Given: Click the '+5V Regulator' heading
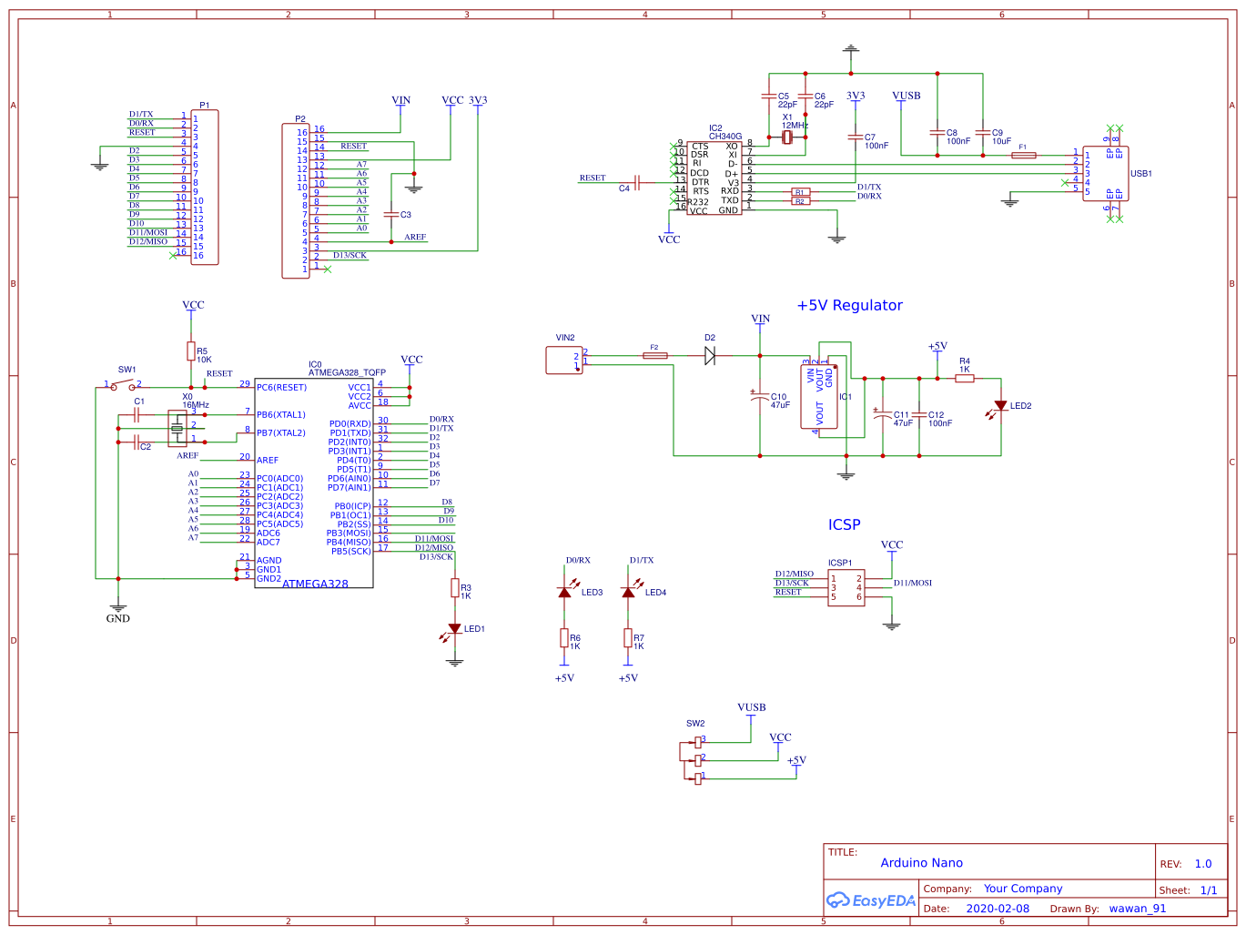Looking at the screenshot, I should tap(849, 306).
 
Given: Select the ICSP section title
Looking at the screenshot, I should tap(844, 525).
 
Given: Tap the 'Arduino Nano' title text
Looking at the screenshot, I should tap(921, 863).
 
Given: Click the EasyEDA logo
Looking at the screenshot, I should tap(870, 900).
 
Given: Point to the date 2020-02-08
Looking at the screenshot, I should tap(998, 909).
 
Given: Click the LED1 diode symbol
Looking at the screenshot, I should tap(454, 629).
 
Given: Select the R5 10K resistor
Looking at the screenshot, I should tap(191, 351).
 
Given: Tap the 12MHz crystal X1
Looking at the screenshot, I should tap(788, 137).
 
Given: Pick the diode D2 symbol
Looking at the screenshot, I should tap(710, 356).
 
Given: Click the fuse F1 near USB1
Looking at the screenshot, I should tap(1023, 156).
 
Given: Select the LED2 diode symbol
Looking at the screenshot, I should tap(1000, 406).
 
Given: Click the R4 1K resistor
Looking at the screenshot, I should tap(965, 378).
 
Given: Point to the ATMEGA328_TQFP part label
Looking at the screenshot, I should tap(347, 373).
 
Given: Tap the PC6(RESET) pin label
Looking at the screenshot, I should tap(281, 388).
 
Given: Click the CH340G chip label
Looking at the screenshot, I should tap(724, 137).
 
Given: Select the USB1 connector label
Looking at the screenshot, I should tap(1140, 174).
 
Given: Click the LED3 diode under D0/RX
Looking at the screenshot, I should tap(564, 593).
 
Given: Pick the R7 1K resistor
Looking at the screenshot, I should tap(628, 638).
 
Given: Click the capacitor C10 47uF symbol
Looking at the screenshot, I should tap(760, 398).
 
